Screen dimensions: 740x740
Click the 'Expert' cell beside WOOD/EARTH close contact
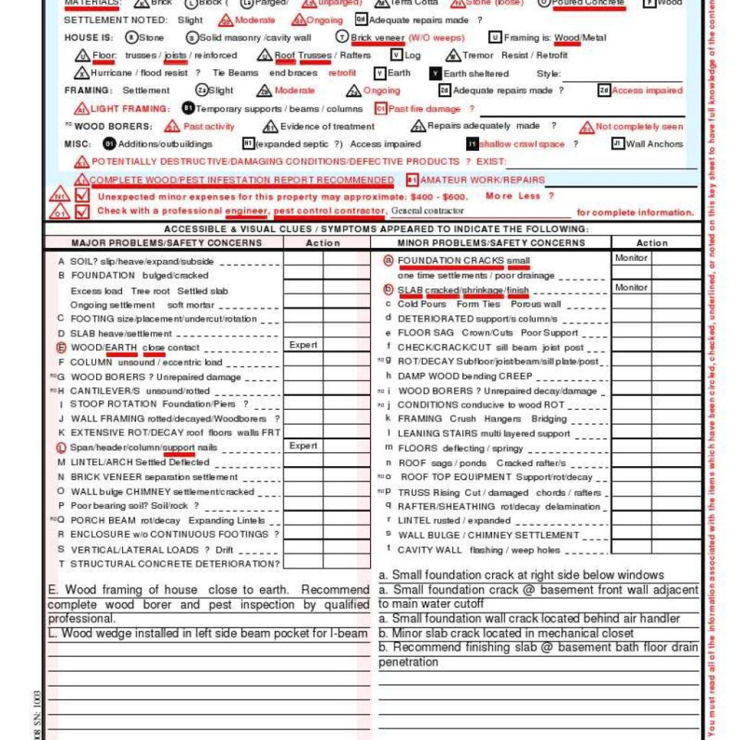tap(303, 346)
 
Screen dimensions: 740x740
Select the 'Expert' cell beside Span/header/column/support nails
tap(303, 446)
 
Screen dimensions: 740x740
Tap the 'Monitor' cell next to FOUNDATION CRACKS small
tap(631, 259)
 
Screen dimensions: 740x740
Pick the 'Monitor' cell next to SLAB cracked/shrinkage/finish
tap(631, 288)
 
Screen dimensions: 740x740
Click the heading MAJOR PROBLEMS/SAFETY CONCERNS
tap(166, 243)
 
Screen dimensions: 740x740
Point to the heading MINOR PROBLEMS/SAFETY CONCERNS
tap(491, 243)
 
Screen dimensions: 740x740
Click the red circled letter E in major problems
tap(62, 348)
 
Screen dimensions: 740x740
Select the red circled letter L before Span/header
tap(62, 448)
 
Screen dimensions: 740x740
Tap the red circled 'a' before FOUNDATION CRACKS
tap(388, 261)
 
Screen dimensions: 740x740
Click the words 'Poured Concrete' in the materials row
tap(589, 3)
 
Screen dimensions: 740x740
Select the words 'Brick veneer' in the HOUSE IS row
tap(378, 37)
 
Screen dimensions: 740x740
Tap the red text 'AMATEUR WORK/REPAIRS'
tap(483, 180)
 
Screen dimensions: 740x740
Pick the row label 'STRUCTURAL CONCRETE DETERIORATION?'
tap(175, 564)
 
